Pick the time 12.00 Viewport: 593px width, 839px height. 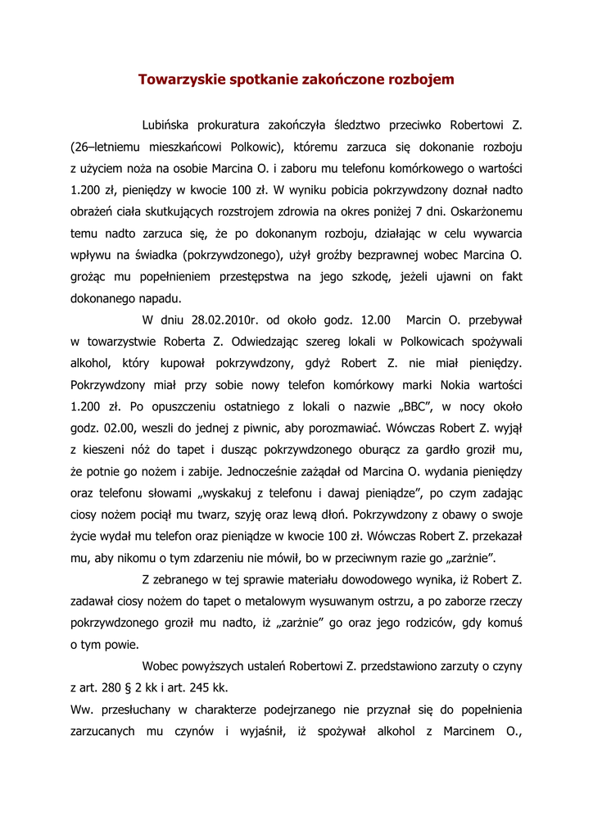373,320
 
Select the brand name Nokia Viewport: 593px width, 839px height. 433,384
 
